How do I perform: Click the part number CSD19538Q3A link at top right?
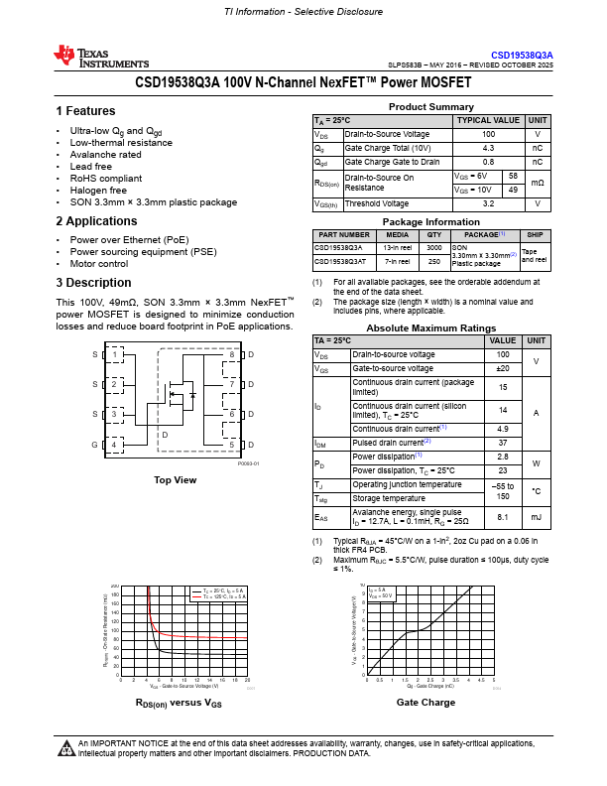[522, 55]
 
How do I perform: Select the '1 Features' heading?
[85, 111]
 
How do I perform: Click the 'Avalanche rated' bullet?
[105, 155]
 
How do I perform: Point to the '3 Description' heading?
[93, 283]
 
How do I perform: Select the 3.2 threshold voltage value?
[488, 203]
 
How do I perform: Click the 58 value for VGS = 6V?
[513, 176]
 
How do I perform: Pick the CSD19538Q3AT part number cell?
[340, 262]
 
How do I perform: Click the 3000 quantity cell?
[433, 247]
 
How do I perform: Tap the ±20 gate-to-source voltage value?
[502, 368]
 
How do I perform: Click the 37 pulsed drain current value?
[502, 443]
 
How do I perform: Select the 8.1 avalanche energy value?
[502, 517]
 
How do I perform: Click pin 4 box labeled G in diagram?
[115, 446]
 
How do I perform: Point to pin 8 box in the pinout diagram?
[231, 354]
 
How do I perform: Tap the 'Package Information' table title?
[430, 221]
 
